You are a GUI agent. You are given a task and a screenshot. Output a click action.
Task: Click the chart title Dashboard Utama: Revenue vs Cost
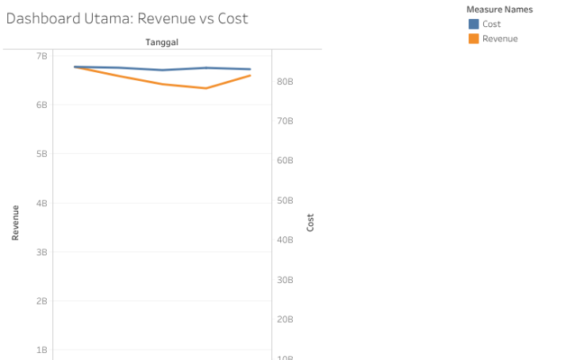point(127,18)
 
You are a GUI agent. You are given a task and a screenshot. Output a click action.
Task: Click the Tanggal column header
point(161,41)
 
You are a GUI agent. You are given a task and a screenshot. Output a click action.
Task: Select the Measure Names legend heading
point(499,10)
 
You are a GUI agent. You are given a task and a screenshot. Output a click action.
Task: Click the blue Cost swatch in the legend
point(474,24)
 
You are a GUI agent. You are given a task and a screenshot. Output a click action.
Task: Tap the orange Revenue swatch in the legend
point(474,38)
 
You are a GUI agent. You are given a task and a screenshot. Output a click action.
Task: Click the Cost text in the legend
point(491,24)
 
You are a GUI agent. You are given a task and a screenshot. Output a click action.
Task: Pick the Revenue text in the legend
point(500,38)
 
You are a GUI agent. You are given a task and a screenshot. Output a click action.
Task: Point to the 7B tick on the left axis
point(41,56)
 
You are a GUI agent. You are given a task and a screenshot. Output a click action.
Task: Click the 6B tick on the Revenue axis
point(41,105)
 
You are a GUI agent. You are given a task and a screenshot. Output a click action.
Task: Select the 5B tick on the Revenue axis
point(41,154)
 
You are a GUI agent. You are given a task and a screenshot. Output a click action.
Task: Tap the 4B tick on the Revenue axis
point(41,203)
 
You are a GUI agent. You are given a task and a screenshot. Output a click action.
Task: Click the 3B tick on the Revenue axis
point(41,252)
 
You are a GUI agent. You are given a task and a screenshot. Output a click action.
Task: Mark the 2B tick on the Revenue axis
point(41,301)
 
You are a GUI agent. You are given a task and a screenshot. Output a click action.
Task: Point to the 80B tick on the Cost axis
point(285,82)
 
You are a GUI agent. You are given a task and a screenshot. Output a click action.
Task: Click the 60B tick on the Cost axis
point(285,161)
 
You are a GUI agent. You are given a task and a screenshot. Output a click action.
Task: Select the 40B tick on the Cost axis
point(285,240)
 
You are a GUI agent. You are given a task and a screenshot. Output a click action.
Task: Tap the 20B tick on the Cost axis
point(285,320)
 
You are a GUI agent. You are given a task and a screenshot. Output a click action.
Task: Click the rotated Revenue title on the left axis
point(15,223)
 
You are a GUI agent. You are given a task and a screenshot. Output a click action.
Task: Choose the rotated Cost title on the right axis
point(310,223)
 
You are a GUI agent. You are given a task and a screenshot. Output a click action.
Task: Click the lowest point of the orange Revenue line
point(206,88)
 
